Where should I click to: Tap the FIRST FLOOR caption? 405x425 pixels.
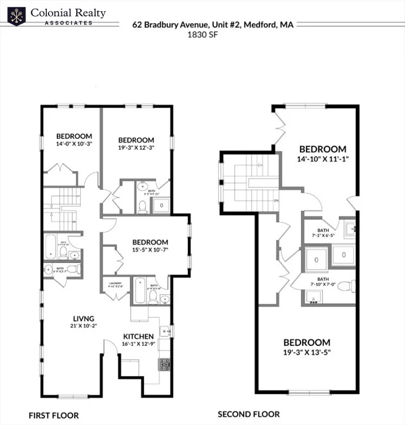54,415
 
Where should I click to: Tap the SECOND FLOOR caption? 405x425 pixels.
249,414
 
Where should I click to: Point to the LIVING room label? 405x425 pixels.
84,318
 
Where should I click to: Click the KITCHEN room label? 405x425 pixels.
138,336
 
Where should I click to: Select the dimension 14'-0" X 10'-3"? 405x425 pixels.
74,144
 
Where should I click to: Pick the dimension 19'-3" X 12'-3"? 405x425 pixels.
136,148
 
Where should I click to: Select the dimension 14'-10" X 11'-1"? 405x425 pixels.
323,158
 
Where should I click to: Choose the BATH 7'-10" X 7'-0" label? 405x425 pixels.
323,283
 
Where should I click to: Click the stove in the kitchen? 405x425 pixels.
164,365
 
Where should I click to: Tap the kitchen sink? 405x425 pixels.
164,331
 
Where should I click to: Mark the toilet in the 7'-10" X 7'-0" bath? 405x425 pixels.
345,286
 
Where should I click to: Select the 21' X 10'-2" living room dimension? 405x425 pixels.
84,326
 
